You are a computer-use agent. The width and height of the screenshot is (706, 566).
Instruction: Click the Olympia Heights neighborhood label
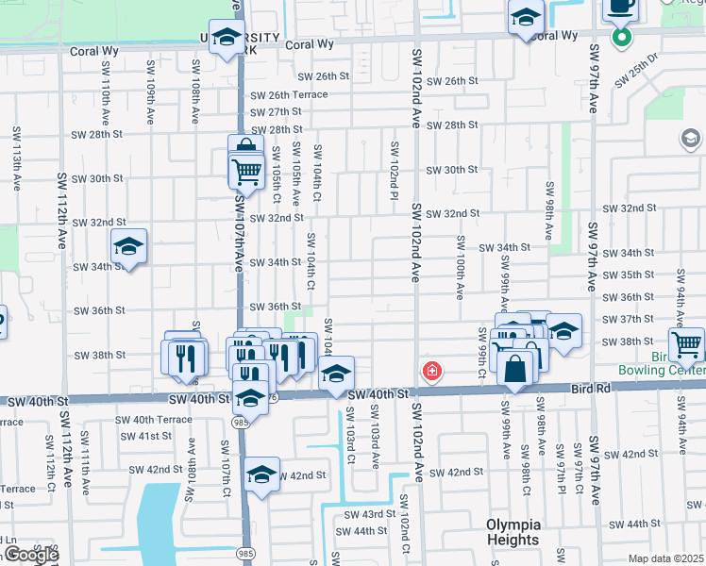(513, 532)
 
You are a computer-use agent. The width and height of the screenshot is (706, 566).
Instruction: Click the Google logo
(31, 555)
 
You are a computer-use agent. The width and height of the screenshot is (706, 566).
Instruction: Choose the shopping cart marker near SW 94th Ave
(686, 344)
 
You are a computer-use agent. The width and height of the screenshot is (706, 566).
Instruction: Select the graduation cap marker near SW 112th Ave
(128, 248)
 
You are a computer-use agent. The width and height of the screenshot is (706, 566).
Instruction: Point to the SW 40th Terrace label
(154, 419)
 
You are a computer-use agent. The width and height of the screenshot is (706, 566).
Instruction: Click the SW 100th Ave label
(461, 267)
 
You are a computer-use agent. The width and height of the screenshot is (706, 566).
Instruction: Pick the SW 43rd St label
(362, 514)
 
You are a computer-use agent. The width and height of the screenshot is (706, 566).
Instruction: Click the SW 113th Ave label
(16, 158)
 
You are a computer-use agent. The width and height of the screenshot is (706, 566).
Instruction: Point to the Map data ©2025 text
(664, 558)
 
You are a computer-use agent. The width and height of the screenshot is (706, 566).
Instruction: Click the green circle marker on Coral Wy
(621, 38)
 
